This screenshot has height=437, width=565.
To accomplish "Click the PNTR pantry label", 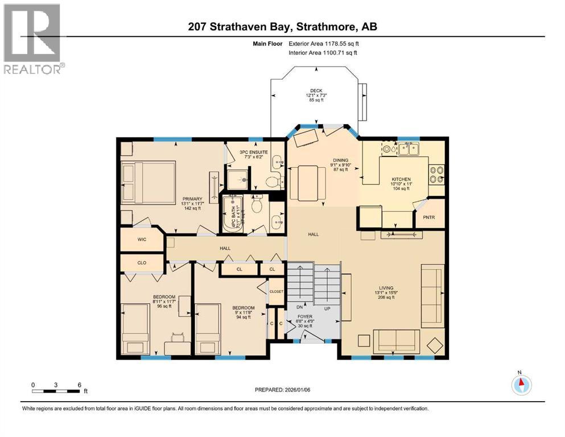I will (428, 217).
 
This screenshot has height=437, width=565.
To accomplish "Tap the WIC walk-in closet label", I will (142, 240).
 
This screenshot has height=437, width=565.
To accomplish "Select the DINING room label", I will (340, 160).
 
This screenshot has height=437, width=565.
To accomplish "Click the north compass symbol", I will (521, 385).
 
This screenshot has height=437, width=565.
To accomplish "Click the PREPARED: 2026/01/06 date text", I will (283, 390).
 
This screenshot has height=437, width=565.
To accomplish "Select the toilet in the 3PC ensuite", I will (272, 182).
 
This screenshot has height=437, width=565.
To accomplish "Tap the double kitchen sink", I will (409, 150).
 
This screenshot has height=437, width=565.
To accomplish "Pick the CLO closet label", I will (142, 263).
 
